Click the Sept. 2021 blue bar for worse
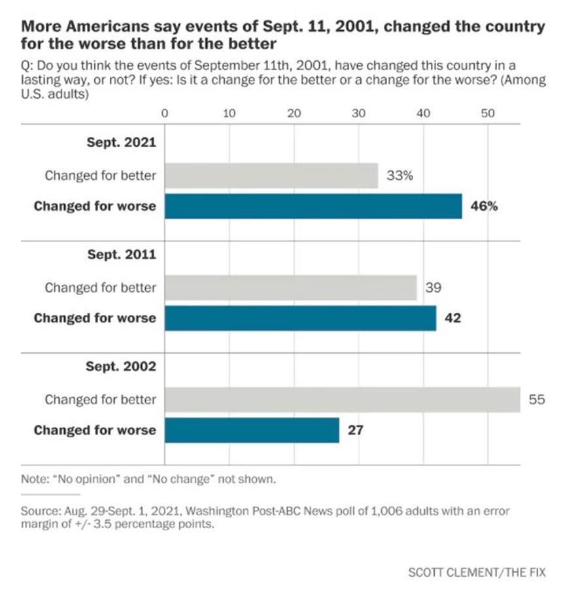[x=313, y=206]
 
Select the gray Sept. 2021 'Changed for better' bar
[x=271, y=175]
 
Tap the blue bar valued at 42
[x=300, y=318]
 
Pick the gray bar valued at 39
[x=291, y=287]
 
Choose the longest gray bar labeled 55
[x=342, y=399]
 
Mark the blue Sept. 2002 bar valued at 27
[x=252, y=430]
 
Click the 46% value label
[x=484, y=206]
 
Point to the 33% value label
[x=399, y=175]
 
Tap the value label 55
[x=536, y=399]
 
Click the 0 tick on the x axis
[x=165, y=113]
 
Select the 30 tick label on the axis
[x=358, y=113]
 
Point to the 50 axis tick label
[x=487, y=113]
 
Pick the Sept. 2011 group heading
[x=122, y=254]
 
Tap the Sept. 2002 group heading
[x=122, y=366]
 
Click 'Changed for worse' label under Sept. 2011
[x=95, y=318]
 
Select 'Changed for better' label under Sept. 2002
[x=101, y=399]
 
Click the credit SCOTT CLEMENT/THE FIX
[x=477, y=573]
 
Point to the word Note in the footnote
[x=33, y=479]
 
